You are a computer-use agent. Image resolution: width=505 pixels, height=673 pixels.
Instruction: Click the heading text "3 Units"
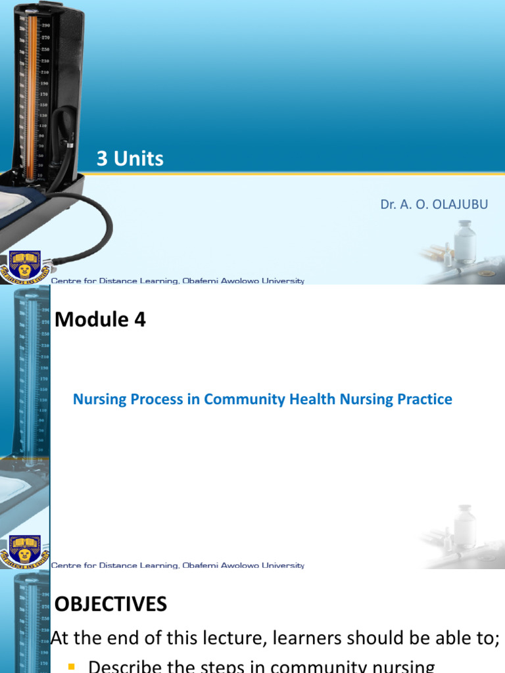(x=130, y=158)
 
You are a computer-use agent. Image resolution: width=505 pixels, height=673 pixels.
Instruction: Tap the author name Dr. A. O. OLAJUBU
(x=434, y=204)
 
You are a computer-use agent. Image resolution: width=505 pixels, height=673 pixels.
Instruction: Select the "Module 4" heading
(x=101, y=319)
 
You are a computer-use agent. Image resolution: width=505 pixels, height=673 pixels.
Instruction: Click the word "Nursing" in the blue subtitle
(x=97, y=399)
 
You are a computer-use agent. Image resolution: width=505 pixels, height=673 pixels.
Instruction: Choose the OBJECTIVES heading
(x=110, y=604)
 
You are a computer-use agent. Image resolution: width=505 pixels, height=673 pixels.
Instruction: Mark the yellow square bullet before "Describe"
(x=72, y=667)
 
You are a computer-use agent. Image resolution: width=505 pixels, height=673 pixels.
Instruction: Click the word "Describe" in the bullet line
(x=125, y=667)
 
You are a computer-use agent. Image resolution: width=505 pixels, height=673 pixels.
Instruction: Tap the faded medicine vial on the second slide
(x=466, y=527)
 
